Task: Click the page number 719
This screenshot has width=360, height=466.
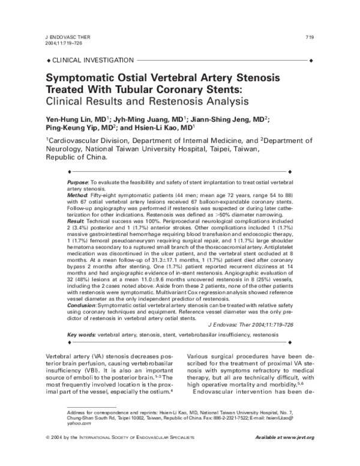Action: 310,37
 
